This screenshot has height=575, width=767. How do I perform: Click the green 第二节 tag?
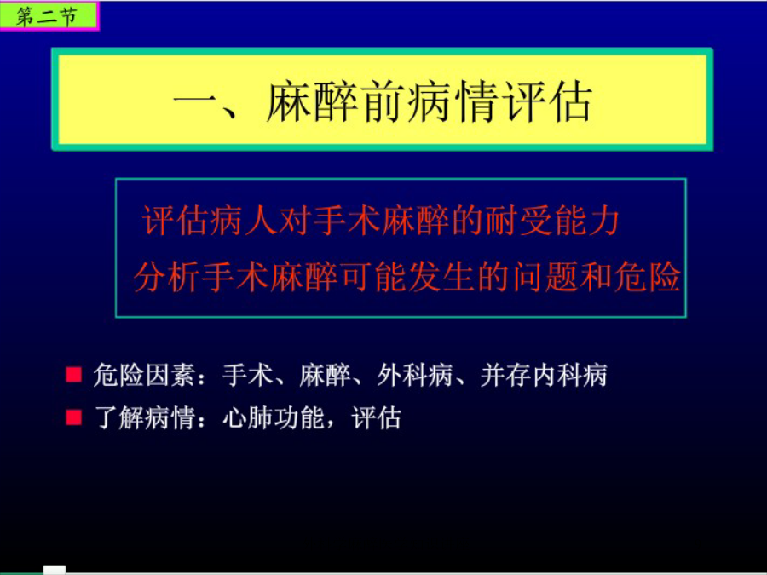click(x=49, y=16)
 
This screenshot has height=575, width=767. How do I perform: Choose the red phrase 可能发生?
click(x=407, y=277)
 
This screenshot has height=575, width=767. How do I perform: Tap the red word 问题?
click(x=545, y=277)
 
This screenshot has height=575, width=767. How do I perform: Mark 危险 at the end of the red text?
click(x=647, y=277)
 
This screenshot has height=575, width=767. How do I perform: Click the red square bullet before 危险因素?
click(x=74, y=375)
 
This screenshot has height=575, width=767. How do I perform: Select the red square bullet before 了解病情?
click(x=74, y=418)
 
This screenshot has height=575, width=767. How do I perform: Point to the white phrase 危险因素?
click(x=143, y=376)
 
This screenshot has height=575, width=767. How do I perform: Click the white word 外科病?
click(x=414, y=376)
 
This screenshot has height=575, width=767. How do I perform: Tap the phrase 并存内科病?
click(x=543, y=376)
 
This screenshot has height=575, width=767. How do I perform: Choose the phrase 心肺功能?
click(x=273, y=418)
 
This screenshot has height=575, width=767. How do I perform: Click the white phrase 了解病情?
click(x=143, y=418)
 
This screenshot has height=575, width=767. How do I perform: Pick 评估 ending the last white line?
click(x=377, y=418)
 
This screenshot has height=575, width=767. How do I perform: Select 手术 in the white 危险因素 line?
click(x=247, y=376)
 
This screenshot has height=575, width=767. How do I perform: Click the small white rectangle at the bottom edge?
click(x=55, y=570)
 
